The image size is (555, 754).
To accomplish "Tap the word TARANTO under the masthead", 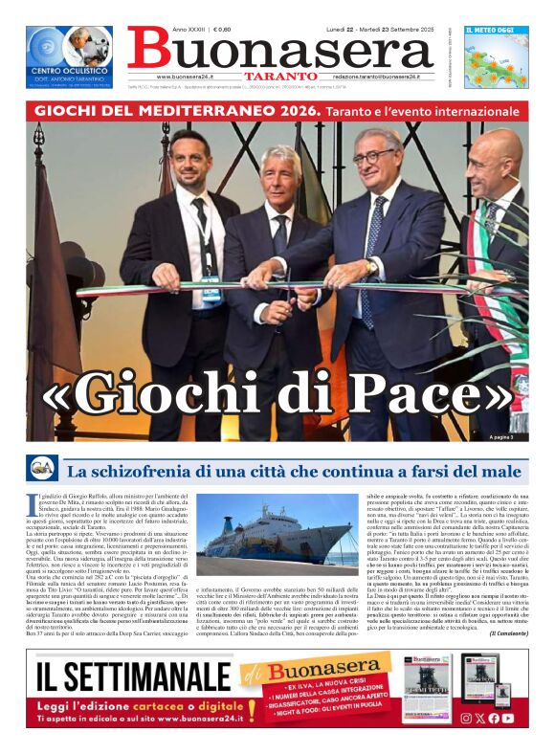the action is (x=279, y=76).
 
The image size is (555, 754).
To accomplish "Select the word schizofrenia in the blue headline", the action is (x=159, y=471).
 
